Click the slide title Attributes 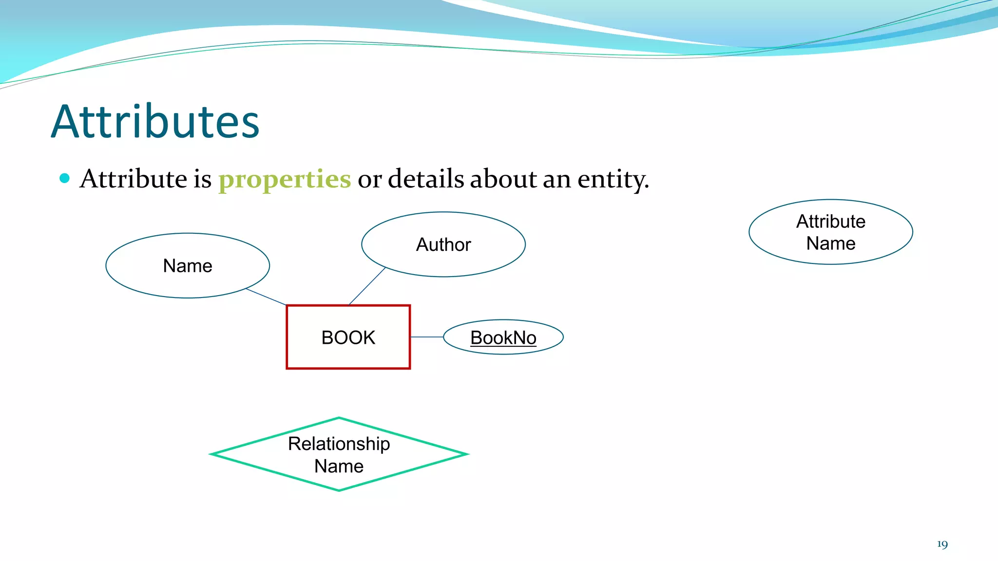click(x=155, y=122)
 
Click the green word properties click(x=284, y=179)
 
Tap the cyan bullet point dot click(x=64, y=178)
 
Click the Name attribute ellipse click(x=188, y=265)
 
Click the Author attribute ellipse click(x=443, y=244)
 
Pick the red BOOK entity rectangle click(x=348, y=337)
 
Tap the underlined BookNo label click(x=503, y=337)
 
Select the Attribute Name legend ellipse click(x=830, y=232)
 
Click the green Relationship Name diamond click(x=339, y=454)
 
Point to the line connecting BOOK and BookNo click(x=426, y=337)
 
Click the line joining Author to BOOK click(x=367, y=286)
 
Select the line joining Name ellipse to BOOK click(x=266, y=297)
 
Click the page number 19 click(x=942, y=544)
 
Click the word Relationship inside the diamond click(x=339, y=444)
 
